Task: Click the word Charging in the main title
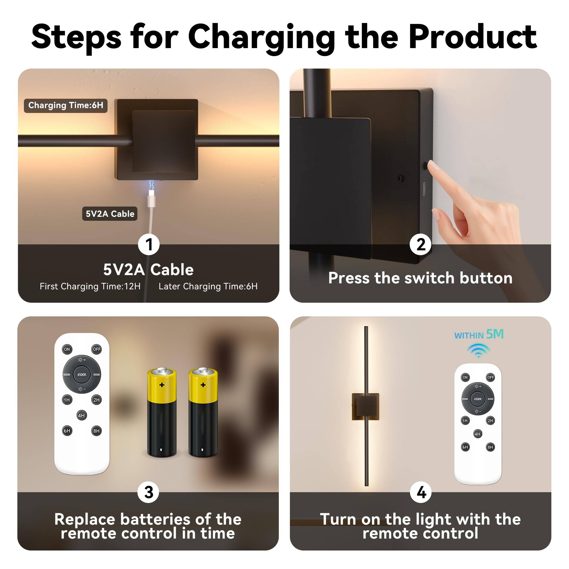pyautogui.click(x=261, y=38)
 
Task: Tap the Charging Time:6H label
pyautogui.click(x=65, y=106)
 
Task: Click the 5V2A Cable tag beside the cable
pyautogui.click(x=110, y=214)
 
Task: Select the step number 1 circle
pyautogui.click(x=149, y=244)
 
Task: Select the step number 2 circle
pyautogui.click(x=420, y=244)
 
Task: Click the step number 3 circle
pyautogui.click(x=149, y=492)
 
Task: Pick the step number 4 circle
pyautogui.click(x=421, y=492)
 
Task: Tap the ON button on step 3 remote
pyautogui.click(x=67, y=349)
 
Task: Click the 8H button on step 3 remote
pyautogui.click(x=96, y=431)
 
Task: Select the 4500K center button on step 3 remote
pyautogui.click(x=82, y=375)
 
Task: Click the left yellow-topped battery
pyautogui.click(x=162, y=412)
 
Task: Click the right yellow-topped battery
pyautogui.click(x=203, y=412)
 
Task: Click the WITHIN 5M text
pyautogui.click(x=479, y=335)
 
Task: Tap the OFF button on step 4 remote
pyautogui.click(x=490, y=377)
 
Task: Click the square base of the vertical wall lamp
pyautogui.click(x=366, y=407)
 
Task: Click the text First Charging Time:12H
pyautogui.click(x=90, y=286)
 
